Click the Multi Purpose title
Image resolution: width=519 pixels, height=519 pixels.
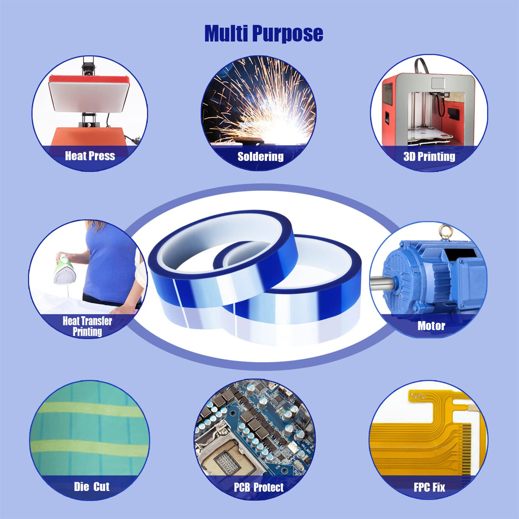(263, 33)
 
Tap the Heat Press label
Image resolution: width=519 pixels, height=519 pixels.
(90, 156)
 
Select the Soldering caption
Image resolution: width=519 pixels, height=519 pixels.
(260, 156)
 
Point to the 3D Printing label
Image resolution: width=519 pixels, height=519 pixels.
(429, 156)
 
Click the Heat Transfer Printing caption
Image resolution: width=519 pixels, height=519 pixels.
(87, 326)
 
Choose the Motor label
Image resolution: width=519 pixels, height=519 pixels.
(431, 326)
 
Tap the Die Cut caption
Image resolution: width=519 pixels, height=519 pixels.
(91, 487)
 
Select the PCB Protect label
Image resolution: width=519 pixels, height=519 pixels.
(259, 487)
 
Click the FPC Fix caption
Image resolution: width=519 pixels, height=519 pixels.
(429, 487)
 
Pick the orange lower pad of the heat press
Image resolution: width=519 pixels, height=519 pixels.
(88, 136)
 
